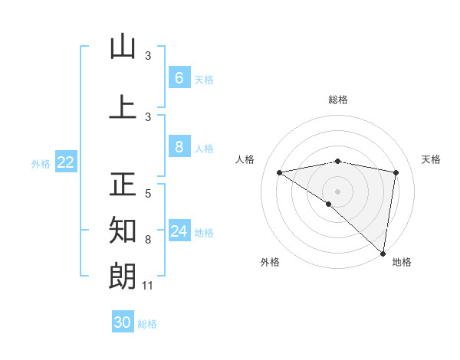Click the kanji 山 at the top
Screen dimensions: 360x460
(123, 47)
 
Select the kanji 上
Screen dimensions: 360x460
(123, 107)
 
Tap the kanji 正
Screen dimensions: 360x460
(123, 185)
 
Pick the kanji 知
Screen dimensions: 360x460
(123, 230)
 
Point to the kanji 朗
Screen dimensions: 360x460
(123, 276)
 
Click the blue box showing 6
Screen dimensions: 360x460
(179, 78)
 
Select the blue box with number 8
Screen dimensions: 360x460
(179, 147)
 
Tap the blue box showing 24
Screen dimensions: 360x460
(179, 231)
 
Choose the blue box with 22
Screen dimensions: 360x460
(66, 162)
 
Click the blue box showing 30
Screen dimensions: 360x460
(123, 322)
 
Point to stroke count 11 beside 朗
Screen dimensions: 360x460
(149, 286)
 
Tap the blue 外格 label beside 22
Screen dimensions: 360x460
(41, 162)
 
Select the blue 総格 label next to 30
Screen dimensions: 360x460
(148, 323)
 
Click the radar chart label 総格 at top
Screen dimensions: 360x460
(337, 100)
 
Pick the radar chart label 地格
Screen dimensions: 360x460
(402, 262)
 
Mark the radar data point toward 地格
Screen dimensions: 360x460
(383, 253)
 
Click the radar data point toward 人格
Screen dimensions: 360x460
(279, 172)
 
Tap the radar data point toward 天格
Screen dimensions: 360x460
(396, 172)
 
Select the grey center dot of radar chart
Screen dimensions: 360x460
(337, 191)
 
